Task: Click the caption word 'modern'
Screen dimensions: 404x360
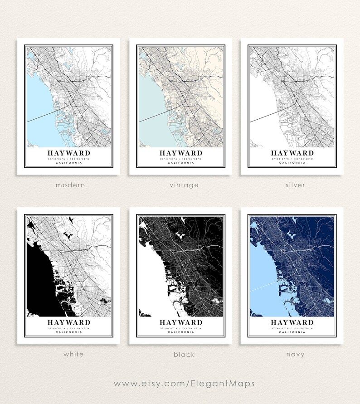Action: click(70, 185)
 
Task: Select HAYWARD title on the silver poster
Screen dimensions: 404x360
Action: click(292, 153)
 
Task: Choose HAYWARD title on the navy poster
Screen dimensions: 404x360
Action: click(292, 322)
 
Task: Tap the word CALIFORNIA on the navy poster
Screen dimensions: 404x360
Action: click(292, 332)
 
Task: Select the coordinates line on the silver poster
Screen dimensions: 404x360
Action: click(292, 159)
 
